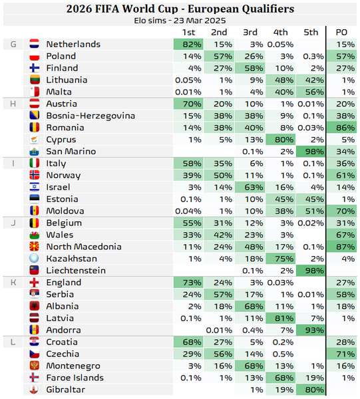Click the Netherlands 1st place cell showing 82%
click(188, 45)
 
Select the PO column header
click(341, 33)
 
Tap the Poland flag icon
click(35, 57)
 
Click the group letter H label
click(13, 104)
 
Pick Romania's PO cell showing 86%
click(341, 128)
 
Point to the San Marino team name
click(71, 152)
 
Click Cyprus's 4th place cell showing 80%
click(280, 140)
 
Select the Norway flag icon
click(35, 176)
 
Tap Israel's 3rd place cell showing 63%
click(250, 188)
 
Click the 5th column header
click(311, 33)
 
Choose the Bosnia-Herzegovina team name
click(90, 116)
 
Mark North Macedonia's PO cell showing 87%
click(341, 247)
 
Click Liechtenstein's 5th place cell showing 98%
click(311, 271)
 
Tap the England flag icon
click(35, 283)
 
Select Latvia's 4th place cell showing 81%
click(280, 318)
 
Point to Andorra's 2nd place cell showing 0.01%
click(219, 331)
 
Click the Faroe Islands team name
click(75, 378)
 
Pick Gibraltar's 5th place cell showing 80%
click(311, 390)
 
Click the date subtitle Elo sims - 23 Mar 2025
click(180, 21)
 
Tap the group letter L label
click(13, 342)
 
